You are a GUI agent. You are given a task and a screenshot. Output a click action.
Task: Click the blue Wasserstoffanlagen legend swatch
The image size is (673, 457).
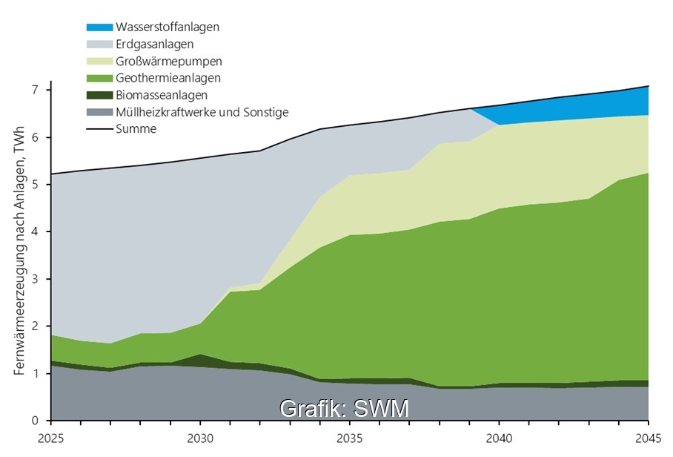click(99, 27)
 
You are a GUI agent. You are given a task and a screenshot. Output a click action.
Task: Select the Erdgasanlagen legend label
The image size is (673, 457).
click(155, 45)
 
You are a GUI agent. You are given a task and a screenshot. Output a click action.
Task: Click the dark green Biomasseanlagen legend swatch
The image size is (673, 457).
click(99, 95)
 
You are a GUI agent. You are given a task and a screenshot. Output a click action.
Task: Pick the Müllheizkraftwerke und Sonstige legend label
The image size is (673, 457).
click(202, 112)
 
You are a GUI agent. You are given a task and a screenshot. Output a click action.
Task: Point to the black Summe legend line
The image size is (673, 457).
click(99, 129)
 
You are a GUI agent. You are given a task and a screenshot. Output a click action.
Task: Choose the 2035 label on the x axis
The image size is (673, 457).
click(351, 438)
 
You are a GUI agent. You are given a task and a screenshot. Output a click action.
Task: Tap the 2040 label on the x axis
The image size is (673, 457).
click(500, 438)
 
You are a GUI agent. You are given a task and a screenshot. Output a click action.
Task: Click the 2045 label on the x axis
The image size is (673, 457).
click(647, 438)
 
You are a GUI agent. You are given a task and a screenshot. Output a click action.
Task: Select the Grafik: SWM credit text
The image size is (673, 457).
click(344, 408)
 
